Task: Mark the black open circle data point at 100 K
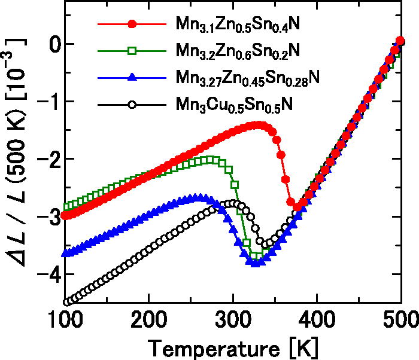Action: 67,302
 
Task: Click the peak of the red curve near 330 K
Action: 258,124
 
